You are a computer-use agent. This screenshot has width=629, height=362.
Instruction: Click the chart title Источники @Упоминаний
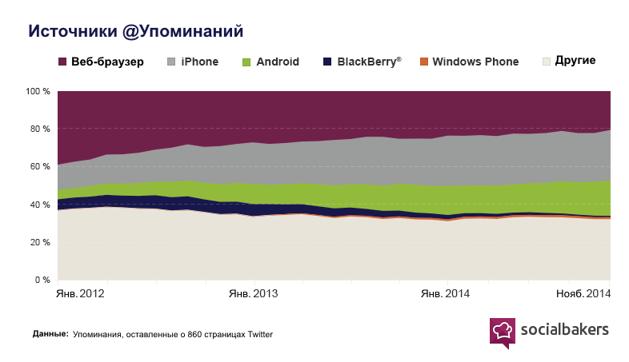point(136,31)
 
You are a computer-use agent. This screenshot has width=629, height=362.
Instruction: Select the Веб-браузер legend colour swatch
point(62,62)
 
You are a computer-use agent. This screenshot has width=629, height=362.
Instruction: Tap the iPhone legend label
point(200,62)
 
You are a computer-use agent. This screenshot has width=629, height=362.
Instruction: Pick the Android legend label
point(278,62)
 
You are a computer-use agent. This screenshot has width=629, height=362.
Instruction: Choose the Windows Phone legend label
point(475,62)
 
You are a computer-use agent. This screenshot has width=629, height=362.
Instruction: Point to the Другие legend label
point(575,62)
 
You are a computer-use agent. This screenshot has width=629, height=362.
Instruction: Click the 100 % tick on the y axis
point(38,92)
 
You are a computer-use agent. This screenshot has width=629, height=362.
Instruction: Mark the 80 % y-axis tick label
point(41,129)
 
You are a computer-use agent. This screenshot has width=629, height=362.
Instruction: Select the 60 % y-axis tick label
point(41,167)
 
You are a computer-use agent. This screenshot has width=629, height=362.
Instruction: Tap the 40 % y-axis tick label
point(41,205)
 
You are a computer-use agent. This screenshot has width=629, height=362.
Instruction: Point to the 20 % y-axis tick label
point(41,242)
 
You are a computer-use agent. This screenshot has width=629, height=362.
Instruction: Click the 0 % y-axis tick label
point(43,280)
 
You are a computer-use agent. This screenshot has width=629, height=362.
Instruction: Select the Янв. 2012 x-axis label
point(81,294)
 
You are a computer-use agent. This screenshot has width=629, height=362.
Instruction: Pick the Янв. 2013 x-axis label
point(254,294)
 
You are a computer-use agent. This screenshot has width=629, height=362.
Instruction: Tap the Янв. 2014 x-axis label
point(446,294)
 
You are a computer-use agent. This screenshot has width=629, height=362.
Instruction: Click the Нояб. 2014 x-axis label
point(583,294)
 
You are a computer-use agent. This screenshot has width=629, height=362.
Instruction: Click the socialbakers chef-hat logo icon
point(502,332)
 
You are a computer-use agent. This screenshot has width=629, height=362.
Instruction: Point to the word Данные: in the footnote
point(50,334)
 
